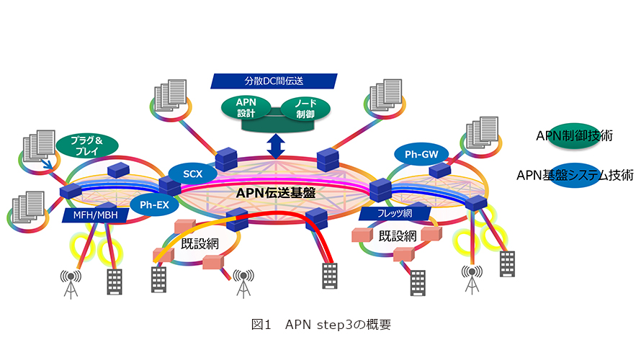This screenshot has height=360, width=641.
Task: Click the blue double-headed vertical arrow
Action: coord(274,145)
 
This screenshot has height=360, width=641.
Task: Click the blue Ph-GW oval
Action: coord(421,153)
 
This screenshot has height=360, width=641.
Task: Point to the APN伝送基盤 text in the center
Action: coord(276,192)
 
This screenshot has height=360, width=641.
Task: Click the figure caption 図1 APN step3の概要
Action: coord(320,325)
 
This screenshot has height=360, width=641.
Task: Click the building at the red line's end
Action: coord(329,276)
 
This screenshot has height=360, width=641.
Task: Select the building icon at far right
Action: coord(507,264)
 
